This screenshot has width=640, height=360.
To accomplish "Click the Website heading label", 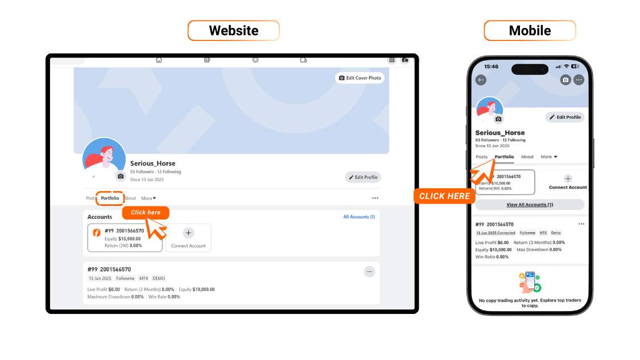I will pos(233,31).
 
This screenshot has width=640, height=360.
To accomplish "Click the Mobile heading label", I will pos(530,31).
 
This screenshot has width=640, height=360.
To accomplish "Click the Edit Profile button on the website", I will pos(363,177).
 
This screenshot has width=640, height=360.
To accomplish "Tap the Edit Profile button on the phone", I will pos(565,117).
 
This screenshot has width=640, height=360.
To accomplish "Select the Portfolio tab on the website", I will pos(110,198).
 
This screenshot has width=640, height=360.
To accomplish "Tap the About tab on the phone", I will pos(527,157).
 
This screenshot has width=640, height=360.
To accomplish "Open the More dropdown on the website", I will pos(148,198).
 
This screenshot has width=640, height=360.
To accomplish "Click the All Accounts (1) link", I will pos(359,217).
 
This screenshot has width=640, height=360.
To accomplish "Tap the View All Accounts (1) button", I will pos(530,205).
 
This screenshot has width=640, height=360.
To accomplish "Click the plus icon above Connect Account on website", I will pos(188,233).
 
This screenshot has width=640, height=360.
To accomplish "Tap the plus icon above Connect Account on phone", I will pos(568,179).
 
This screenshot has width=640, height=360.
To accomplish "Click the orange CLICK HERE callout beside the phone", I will pos(444,196).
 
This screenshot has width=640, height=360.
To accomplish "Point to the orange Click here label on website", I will pos(146,213).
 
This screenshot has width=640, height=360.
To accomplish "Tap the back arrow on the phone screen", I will pos(481,80).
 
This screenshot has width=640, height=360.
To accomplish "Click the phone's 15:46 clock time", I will pos(491,67).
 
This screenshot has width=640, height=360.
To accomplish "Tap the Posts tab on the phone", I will pos(482,157).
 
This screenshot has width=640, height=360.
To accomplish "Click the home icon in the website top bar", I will pos(159,60).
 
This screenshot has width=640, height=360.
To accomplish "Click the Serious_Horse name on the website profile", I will pos(152,164).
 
